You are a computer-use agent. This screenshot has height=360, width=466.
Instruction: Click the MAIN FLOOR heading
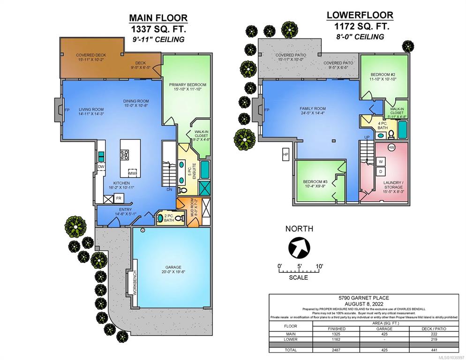(158, 18)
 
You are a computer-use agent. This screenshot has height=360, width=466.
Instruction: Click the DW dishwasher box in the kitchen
(101, 166)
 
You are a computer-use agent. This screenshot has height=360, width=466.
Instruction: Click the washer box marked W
(381, 162)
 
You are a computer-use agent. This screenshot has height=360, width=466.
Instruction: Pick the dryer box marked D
(381, 172)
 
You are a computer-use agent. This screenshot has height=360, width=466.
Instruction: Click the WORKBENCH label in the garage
(134, 283)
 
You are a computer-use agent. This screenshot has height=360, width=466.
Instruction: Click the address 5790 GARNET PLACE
(364, 297)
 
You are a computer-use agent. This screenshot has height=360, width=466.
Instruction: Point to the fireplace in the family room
(259, 111)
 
